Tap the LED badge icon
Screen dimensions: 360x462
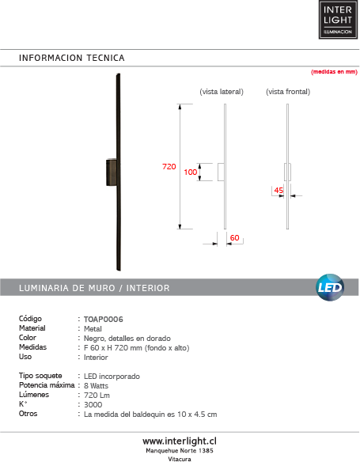pyautogui.click(x=329, y=286)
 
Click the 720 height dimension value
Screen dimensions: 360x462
pyautogui.click(x=169, y=167)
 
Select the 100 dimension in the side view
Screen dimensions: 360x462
pyautogui.click(x=190, y=172)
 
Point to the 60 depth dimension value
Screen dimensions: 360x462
pyautogui.click(x=234, y=237)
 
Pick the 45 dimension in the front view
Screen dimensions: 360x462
pyautogui.click(x=279, y=191)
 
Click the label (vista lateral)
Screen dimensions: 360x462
pyautogui.click(x=222, y=92)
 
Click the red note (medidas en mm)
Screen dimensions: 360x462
pyautogui.click(x=335, y=71)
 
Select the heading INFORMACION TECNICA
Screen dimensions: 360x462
pyautogui.click(x=72, y=58)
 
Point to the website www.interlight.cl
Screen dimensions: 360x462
pyautogui.click(x=180, y=440)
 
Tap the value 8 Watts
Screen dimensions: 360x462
pyautogui.click(x=97, y=385)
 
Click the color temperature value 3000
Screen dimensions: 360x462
pyautogui.click(x=93, y=404)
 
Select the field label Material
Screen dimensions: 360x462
pyautogui.click(x=32, y=328)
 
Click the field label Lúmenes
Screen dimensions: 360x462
pyautogui.click(x=34, y=395)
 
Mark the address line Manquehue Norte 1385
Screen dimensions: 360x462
pyautogui.click(x=180, y=450)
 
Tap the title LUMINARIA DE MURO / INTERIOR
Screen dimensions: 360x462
pyautogui.click(x=94, y=287)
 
